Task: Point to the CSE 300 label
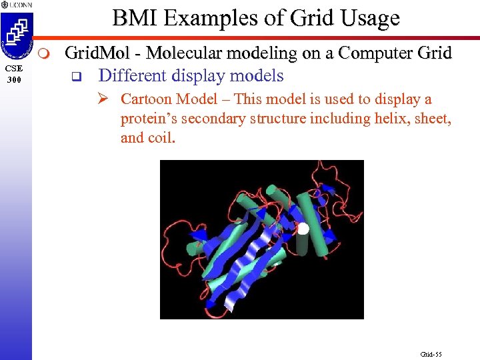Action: tap(15, 73)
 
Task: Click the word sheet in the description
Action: tap(432, 119)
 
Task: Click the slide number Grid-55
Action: tap(431, 354)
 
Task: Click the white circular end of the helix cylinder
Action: tap(303, 229)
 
